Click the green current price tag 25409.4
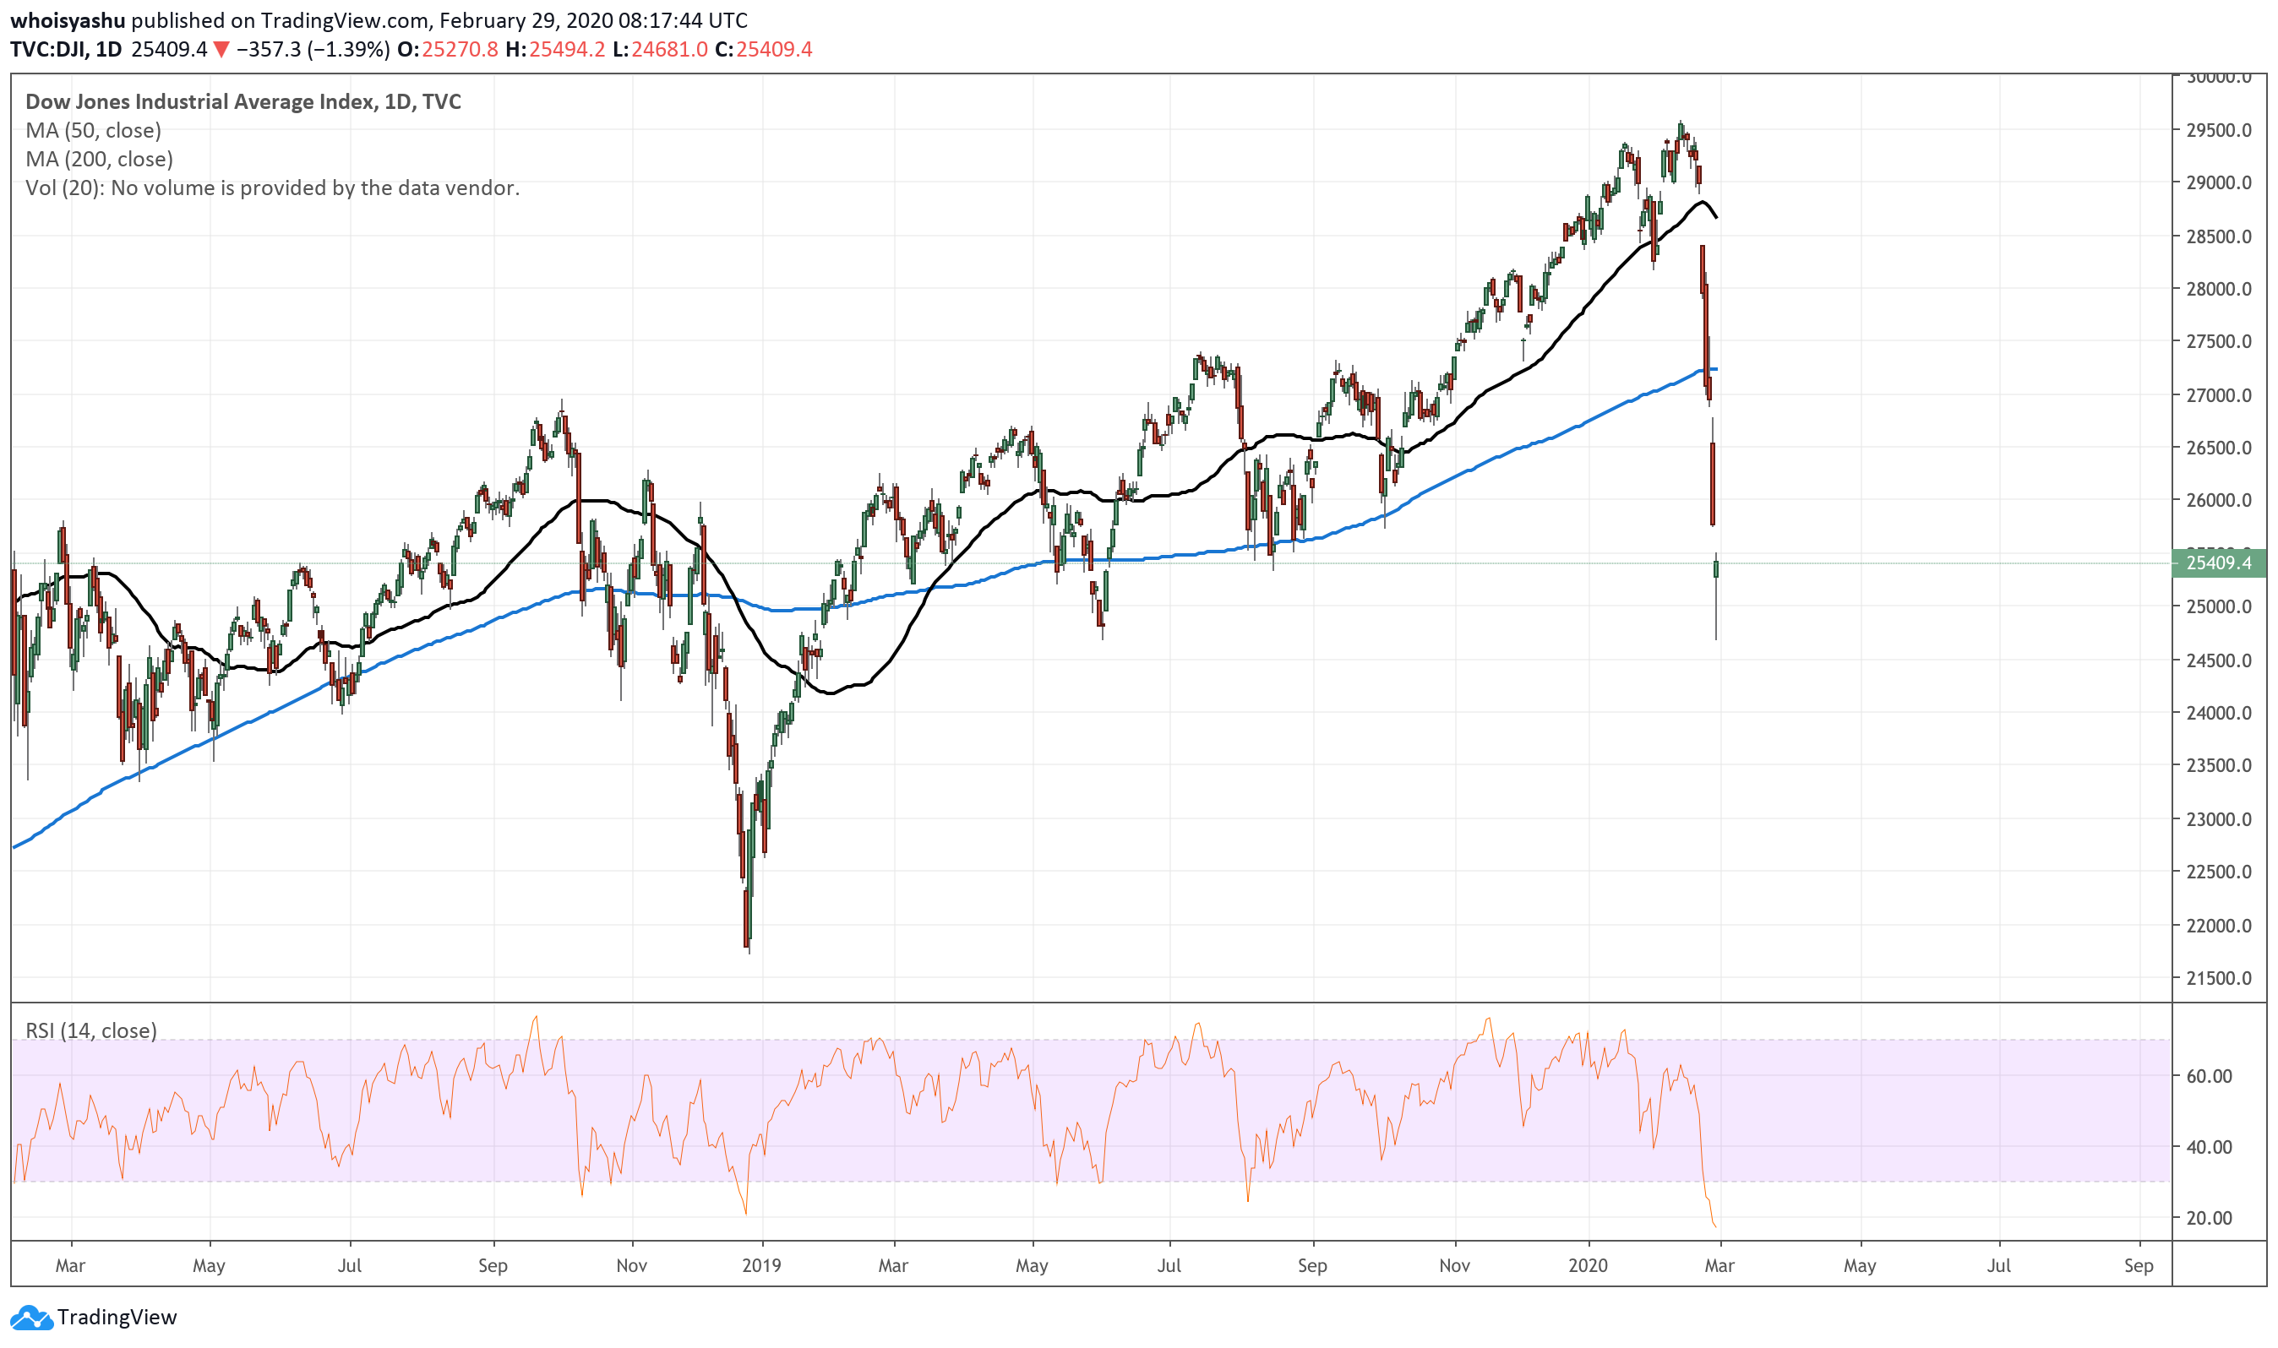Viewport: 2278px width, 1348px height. click(2218, 563)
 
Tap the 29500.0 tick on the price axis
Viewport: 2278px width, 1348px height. click(2218, 130)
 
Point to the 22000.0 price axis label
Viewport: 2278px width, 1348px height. click(2218, 926)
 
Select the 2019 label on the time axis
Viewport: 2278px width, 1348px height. click(761, 1265)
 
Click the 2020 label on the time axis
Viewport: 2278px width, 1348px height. click(1588, 1265)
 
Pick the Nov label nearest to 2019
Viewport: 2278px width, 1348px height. click(631, 1265)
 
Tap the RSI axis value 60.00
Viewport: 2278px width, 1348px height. click(2209, 1076)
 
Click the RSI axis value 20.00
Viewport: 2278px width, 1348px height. click(2209, 1218)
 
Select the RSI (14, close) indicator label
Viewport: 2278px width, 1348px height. click(91, 1031)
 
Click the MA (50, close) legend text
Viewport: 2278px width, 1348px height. click(93, 131)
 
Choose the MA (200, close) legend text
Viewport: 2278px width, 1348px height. click(99, 159)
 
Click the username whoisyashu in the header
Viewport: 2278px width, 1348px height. click(68, 20)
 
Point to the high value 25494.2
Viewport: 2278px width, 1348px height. click(566, 49)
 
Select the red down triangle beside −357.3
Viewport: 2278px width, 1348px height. click(221, 49)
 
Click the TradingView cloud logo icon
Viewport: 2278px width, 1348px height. click(31, 1317)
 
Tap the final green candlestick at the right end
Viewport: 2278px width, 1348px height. click(1715, 569)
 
